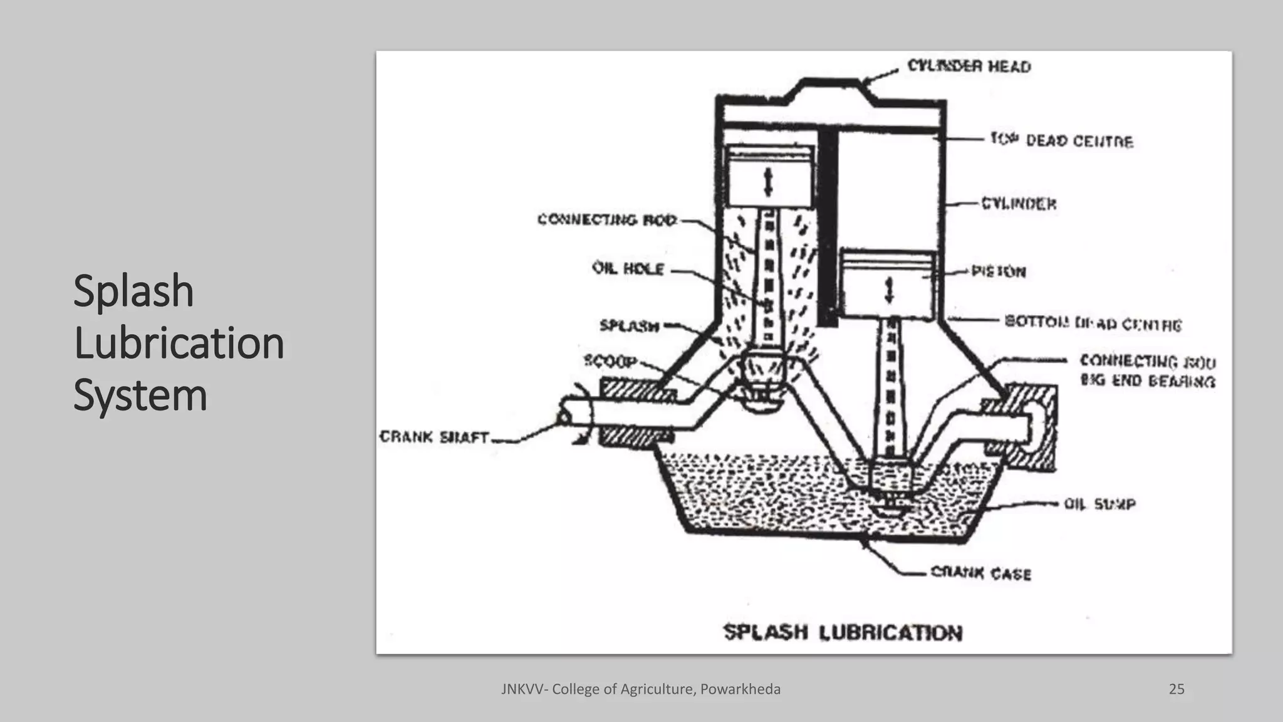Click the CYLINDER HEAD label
click(969, 66)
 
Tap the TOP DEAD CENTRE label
click(1061, 140)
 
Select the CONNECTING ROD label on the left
click(607, 219)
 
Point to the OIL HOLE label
click(628, 268)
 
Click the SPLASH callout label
click(629, 325)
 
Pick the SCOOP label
click(610, 361)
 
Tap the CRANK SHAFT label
click(434, 437)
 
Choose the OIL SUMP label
click(1099, 504)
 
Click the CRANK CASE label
click(980, 573)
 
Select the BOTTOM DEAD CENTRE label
click(1093, 323)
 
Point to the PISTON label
click(999, 271)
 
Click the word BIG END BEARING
click(1148, 380)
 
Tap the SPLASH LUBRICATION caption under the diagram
click(843, 632)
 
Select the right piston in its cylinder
click(888, 285)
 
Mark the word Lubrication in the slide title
click(179, 343)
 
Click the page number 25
click(1176, 689)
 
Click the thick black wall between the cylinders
click(828, 226)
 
